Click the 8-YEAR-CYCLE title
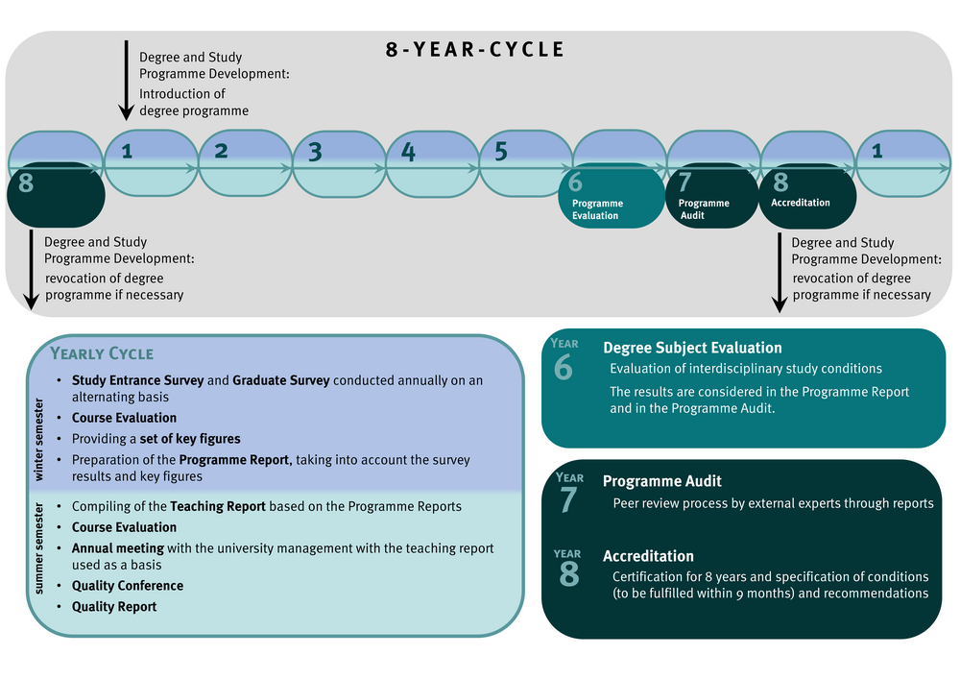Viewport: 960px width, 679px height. tap(475, 50)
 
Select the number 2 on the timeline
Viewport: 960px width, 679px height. tap(221, 151)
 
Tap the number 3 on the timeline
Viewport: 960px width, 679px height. tap(315, 153)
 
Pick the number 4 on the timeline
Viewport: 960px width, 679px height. tap(408, 152)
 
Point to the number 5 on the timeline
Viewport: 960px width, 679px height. tap(500, 152)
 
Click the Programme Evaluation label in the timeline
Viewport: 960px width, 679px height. tap(597, 209)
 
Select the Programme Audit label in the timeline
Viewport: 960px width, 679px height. tap(704, 209)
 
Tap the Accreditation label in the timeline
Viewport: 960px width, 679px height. tap(800, 203)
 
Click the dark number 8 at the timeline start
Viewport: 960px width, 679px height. tap(26, 182)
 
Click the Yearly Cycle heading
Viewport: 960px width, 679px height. tap(102, 353)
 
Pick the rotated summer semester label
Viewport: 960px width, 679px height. tap(39, 557)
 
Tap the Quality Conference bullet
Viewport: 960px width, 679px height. tap(128, 586)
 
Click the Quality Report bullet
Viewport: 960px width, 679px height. tap(114, 607)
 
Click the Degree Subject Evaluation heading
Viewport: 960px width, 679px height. tap(692, 348)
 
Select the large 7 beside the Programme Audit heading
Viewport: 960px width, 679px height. tap(568, 499)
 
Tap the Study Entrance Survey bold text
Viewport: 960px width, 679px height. tap(137, 380)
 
